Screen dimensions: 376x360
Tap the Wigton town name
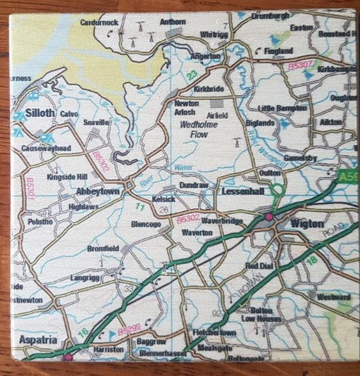click(307, 223)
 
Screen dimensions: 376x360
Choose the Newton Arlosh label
click(186, 107)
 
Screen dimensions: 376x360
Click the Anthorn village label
click(172, 22)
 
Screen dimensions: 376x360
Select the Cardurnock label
click(99, 22)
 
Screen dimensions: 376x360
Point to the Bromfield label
click(102, 248)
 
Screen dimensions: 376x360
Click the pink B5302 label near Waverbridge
click(188, 219)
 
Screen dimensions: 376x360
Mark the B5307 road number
click(301, 65)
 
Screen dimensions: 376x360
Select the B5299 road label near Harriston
click(129, 332)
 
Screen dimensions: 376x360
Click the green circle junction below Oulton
click(275, 191)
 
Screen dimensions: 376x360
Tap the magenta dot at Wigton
click(269, 217)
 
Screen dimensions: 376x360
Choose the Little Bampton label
click(282, 108)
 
